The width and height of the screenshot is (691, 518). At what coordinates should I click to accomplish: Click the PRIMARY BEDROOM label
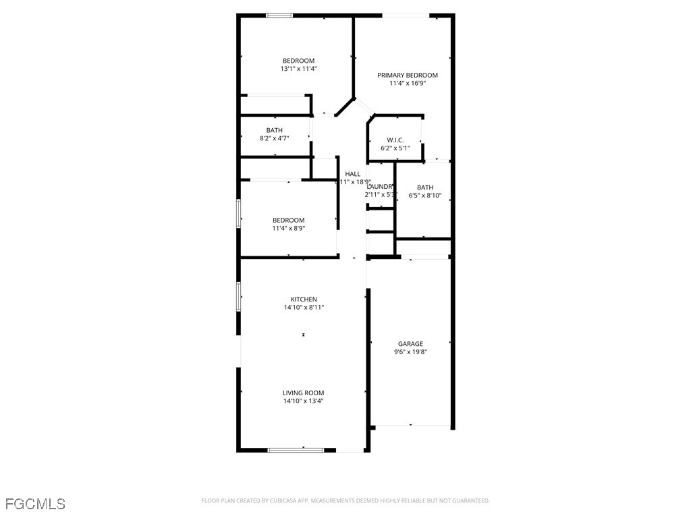pyautogui.click(x=408, y=76)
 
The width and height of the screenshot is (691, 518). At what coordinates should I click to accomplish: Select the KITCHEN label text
pyautogui.click(x=304, y=299)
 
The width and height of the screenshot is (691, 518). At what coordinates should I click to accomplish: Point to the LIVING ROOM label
pyautogui.click(x=303, y=393)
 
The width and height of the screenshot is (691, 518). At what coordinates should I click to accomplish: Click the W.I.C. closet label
pyautogui.click(x=395, y=140)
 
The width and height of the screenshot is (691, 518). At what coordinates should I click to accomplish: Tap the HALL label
pyautogui.click(x=353, y=174)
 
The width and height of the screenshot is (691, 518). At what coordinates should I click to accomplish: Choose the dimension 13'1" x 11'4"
pyautogui.click(x=298, y=69)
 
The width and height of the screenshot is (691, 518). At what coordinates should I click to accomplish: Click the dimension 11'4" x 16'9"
pyautogui.click(x=408, y=84)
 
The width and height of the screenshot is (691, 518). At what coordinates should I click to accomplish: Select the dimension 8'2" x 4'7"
pyautogui.click(x=275, y=138)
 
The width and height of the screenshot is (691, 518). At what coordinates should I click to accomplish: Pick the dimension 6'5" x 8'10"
pyautogui.click(x=425, y=196)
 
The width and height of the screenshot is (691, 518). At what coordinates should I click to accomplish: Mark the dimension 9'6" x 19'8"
pyautogui.click(x=410, y=351)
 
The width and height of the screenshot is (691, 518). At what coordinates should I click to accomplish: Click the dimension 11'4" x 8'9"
pyautogui.click(x=288, y=228)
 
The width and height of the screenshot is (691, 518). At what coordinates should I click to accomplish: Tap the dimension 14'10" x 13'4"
pyautogui.click(x=303, y=401)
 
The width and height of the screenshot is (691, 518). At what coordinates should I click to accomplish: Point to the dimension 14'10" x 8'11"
pyautogui.click(x=304, y=308)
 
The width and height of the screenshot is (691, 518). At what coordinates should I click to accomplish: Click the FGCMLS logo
pyautogui.click(x=35, y=503)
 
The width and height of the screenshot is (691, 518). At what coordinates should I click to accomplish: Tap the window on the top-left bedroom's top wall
pyautogui.click(x=279, y=15)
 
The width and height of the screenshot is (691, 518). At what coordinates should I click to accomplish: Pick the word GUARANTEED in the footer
pyautogui.click(x=471, y=500)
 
